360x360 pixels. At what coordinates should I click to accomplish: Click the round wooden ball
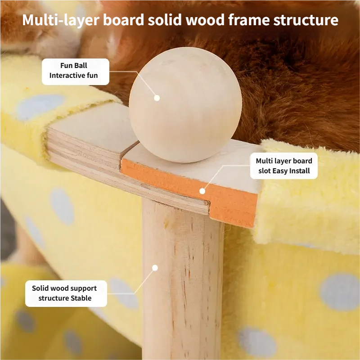tap(185, 105)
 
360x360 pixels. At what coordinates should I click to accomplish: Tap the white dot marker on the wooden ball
tap(157, 98)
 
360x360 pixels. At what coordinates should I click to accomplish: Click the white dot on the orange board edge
tap(202, 191)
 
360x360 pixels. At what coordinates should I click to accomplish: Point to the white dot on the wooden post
tap(155, 268)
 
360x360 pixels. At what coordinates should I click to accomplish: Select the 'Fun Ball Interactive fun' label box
tap(76, 72)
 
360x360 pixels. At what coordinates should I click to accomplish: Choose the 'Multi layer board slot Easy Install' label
tap(284, 166)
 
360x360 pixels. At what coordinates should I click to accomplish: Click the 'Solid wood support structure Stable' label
tap(66, 293)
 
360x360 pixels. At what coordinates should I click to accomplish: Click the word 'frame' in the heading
tap(249, 20)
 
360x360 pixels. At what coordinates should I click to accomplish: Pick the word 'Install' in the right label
tap(300, 171)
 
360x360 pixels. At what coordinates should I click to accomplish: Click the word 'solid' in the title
tap(165, 20)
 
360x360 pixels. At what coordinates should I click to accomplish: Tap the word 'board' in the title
tap(123, 20)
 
